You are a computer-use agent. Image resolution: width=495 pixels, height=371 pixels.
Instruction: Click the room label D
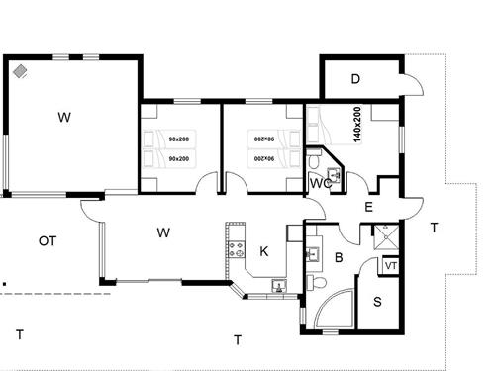click(355, 79)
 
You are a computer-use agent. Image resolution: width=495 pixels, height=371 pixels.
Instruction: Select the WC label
click(318, 183)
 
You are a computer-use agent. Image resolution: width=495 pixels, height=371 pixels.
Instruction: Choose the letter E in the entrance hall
click(368, 207)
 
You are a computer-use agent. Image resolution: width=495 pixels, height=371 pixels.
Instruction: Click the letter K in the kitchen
click(263, 251)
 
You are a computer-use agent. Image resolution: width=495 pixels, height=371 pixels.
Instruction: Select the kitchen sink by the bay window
click(278, 287)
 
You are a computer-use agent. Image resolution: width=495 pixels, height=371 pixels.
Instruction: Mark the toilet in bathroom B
click(316, 284)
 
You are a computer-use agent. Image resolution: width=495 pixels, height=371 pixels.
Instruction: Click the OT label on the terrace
click(46, 240)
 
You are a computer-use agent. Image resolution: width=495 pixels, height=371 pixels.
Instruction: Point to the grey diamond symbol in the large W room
click(21, 71)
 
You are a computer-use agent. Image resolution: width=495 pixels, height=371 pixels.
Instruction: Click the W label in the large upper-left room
click(64, 118)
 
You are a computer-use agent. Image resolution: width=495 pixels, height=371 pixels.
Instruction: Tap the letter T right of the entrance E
click(434, 228)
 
